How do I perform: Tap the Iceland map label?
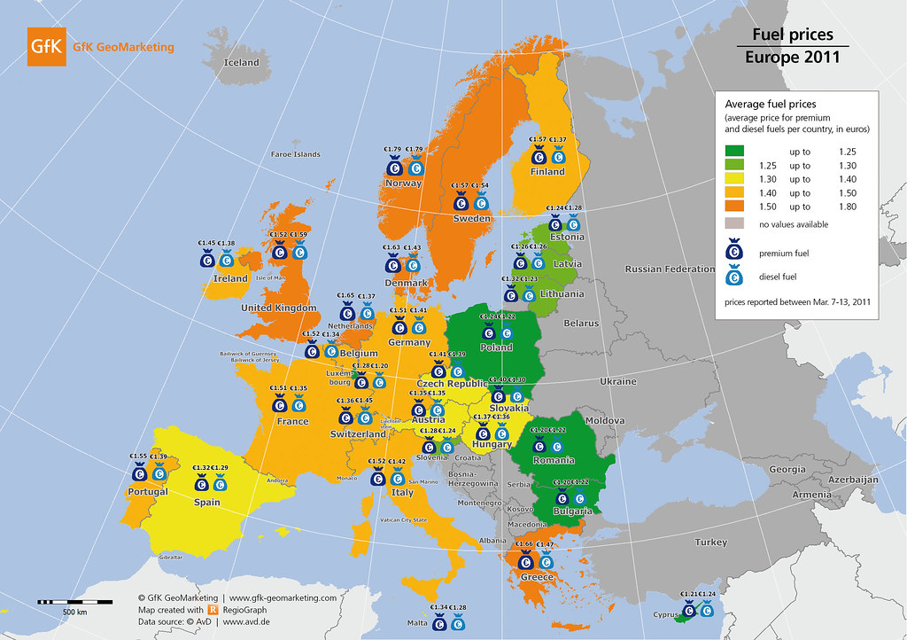(242, 63)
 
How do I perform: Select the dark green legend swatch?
(735, 152)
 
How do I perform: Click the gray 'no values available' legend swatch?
(735, 224)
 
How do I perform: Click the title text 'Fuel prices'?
(792, 35)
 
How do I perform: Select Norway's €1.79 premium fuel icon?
(394, 165)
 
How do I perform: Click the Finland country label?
(547, 172)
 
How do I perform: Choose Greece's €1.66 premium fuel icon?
(525, 560)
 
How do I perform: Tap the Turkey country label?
(710, 542)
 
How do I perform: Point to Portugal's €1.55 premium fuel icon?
(138, 472)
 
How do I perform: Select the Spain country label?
(207, 502)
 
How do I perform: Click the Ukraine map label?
(617, 382)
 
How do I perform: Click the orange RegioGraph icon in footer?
(213, 610)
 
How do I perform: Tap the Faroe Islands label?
(295, 154)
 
